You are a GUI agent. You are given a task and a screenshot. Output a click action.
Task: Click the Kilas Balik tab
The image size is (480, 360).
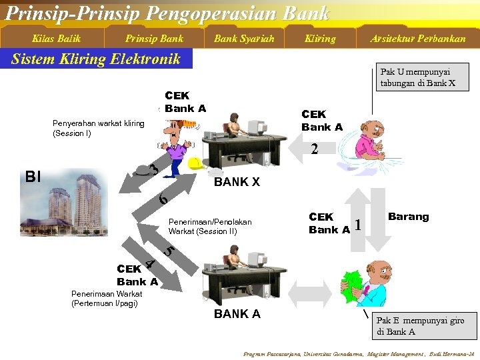[56, 39]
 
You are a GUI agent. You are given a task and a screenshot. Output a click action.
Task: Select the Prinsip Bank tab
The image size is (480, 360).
[154, 39]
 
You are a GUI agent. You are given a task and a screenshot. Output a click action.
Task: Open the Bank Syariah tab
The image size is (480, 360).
[244, 39]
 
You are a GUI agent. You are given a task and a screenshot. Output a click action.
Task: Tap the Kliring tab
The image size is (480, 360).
[320, 39]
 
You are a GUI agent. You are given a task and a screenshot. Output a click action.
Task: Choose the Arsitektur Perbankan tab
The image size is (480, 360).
[418, 39]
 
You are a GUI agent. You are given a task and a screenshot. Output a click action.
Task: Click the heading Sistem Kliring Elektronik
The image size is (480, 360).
[96, 59]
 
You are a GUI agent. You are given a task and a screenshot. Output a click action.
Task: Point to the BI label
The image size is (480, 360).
[33, 177]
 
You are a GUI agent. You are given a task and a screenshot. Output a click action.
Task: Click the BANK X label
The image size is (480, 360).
[237, 182]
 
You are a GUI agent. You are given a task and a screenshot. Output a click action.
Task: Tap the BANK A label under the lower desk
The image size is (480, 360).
[237, 313]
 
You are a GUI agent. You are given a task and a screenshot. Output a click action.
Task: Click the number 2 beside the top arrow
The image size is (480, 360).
[314, 150]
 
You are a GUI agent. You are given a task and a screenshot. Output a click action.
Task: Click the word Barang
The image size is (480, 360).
[408, 217]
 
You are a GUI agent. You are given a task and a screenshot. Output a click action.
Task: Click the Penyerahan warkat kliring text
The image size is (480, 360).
[98, 128]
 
